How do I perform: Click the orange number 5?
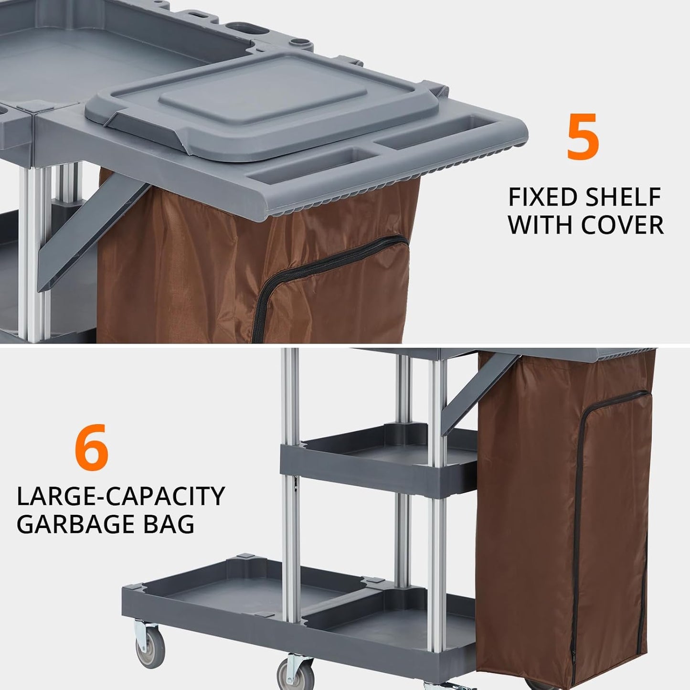[583, 137]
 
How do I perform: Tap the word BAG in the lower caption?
[174, 524]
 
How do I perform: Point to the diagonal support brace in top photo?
[96, 234]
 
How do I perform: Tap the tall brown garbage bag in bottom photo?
[563, 516]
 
